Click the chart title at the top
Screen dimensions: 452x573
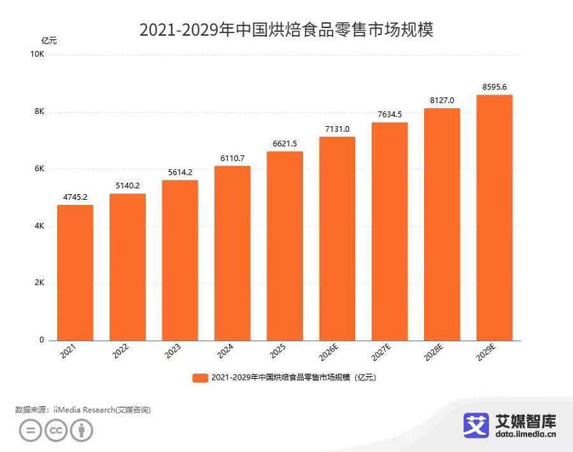click(x=286, y=29)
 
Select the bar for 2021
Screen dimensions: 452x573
click(x=75, y=272)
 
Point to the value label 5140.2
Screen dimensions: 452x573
click(x=127, y=186)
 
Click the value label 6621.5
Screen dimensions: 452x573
click(x=284, y=143)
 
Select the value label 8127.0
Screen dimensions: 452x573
click(x=442, y=100)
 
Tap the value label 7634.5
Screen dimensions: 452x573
click(x=389, y=115)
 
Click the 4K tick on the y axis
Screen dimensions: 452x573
click(x=40, y=226)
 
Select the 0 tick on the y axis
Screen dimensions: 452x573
click(x=42, y=340)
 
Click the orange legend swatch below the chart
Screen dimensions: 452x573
click(x=200, y=378)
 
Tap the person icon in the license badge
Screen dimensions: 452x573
click(x=83, y=431)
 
